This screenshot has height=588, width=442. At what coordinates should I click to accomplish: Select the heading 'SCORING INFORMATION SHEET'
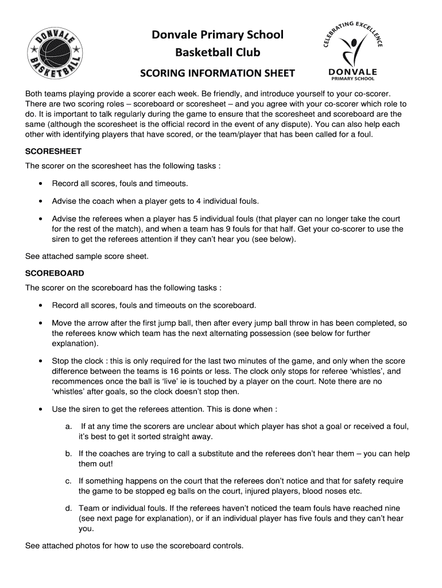(x=218, y=73)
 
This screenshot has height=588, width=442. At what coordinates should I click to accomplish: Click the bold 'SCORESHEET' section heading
(x=53, y=152)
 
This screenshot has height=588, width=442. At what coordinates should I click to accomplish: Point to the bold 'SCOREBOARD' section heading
(x=55, y=273)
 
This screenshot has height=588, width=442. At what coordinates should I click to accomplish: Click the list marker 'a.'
(x=68, y=426)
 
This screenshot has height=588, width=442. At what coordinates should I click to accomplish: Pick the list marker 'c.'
(x=68, y=481)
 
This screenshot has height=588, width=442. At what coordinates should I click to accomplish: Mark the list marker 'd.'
(x=68, y=508)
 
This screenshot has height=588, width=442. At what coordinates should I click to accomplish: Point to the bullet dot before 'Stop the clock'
(x=40, y=361)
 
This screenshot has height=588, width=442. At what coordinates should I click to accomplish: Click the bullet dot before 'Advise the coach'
(x=40, y=202)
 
